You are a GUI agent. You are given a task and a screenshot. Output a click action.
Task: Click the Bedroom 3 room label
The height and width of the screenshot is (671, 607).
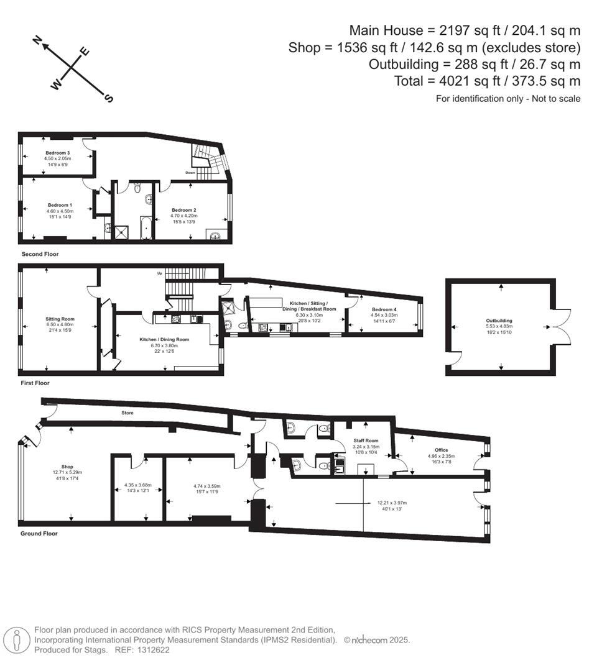(x=57, y=152)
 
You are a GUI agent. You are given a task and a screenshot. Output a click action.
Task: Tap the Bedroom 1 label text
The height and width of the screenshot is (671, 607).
(x=60, y=204)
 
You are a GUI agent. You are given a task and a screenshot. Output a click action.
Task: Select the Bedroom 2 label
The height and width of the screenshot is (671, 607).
(x=184, y=210)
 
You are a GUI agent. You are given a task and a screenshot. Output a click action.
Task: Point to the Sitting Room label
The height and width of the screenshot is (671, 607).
(x=60, y=319)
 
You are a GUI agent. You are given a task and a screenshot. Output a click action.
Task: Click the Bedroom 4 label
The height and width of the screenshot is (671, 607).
(x=383, y=309)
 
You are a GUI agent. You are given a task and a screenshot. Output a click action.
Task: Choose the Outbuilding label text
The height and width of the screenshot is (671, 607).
(x=499, y=321)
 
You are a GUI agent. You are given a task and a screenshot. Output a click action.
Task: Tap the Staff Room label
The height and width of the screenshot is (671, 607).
(x=366, y=440)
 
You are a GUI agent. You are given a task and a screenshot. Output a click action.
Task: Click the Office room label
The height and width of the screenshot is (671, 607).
(x=441, y=450)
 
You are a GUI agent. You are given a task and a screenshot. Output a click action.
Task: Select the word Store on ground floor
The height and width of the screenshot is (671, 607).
(x=128, y=413)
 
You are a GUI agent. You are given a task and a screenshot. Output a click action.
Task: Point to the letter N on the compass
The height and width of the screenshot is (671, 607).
(x=38, y=42)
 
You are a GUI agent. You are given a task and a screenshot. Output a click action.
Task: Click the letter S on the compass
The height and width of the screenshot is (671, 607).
(x=108, y=98)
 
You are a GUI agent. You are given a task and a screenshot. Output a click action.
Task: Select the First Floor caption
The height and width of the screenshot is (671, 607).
(x=34, y=383)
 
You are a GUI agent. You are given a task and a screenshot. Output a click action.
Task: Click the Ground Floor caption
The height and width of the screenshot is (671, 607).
(x=39, y=534)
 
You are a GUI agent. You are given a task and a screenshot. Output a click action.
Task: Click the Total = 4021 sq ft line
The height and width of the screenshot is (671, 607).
(x=487, y=81)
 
